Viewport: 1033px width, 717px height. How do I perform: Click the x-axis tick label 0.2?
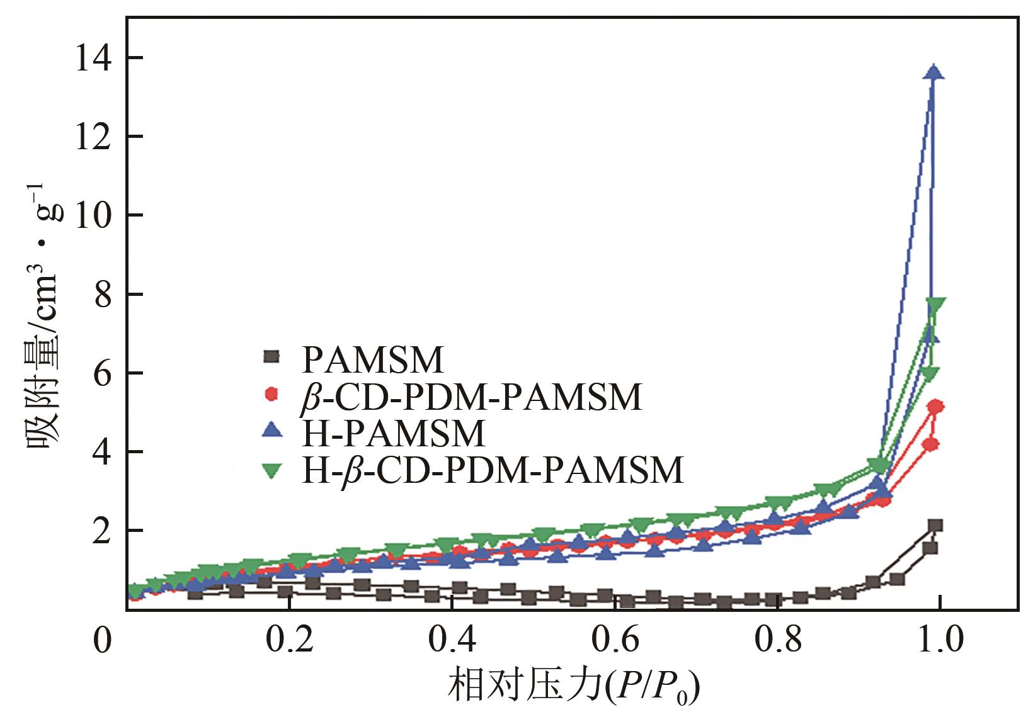(289, 640)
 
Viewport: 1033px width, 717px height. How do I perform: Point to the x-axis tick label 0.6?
(615, 640)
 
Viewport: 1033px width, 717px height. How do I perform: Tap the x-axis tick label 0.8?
(779, 640)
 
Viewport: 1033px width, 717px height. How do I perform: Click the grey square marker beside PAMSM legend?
(271, 357)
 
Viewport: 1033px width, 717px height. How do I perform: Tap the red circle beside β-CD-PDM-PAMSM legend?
(271, 394)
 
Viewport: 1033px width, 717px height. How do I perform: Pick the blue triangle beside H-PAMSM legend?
(271, 431)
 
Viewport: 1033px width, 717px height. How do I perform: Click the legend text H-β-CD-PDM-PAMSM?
(493, 470)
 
